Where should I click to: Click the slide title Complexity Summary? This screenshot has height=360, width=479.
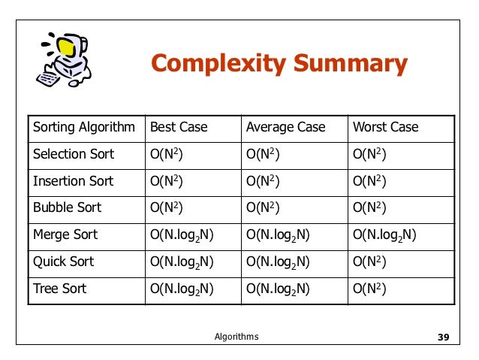(279, 64)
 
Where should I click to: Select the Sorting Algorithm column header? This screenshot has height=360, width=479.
(84, 127)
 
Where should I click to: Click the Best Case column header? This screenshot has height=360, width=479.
(179, 127)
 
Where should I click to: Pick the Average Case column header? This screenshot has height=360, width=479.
(285, 127)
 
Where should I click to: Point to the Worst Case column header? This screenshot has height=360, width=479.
(385, 127)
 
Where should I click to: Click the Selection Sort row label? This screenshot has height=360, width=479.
(74, 154)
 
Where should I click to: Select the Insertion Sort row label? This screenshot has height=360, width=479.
(74, 181)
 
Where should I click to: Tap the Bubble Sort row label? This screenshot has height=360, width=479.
(68, 207)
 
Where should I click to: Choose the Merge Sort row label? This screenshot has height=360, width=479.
(66, 235)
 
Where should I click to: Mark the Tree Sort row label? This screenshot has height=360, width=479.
(60, 289)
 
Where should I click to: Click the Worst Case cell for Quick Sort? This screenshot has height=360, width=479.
(370, 262)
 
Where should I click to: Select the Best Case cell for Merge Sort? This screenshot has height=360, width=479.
(182, 235)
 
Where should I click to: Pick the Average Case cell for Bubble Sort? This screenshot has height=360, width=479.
(264, 207)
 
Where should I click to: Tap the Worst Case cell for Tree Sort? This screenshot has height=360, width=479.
(370, 289)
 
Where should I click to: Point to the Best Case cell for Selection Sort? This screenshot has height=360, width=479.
(167, 154)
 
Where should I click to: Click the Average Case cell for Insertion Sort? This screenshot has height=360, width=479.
(264, 181)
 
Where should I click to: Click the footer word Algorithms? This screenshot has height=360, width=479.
(236, 337)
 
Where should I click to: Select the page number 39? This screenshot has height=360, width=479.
(442, 337)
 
